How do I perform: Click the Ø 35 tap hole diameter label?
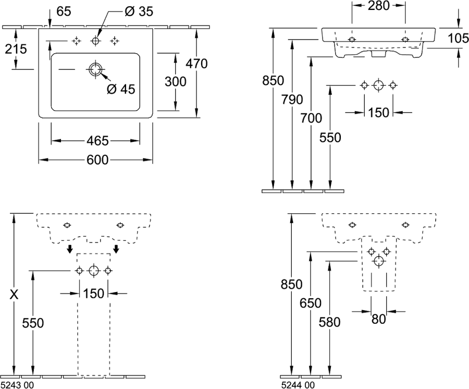(139, 11)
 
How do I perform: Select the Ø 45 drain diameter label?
(121, 89)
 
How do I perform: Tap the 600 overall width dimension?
(97, 160)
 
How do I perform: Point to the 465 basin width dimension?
(97, 141)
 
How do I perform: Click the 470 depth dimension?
(196, 64)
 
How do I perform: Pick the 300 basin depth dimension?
(176, 81)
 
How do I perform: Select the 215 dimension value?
(16, 49)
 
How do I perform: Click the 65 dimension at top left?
(64, 11)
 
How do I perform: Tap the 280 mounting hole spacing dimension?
(379, 5)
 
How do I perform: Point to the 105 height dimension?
(458, 38)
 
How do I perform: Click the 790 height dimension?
(292, 100)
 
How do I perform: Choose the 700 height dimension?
(311, 118)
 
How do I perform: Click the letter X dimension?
(14, 295)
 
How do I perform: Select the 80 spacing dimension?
(379, 319)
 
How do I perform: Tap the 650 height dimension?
(311, 303)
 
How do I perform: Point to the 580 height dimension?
(330, 322)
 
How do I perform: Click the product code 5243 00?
(18, 385)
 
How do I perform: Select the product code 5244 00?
(298, 385)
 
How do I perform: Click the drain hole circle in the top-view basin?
(95, 69)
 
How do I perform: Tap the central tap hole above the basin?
(95, 41)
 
